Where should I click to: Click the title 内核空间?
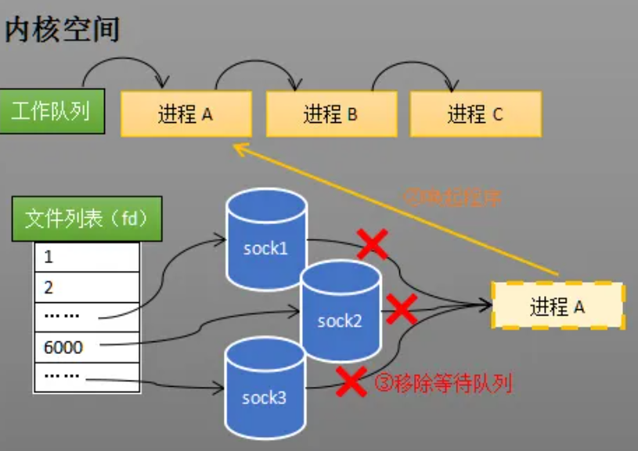tap(63, 29)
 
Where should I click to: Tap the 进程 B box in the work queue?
tap(330, 115)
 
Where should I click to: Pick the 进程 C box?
tap(475, 115)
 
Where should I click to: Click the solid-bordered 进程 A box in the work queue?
tap(186, 115)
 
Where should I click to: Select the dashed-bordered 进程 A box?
tap(557, 306)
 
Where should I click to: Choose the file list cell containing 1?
tap(86, 257)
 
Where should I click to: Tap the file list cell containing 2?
tap(86, 287)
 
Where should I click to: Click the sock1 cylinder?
tap(265, 238)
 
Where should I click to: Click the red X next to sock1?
tap(372, 244)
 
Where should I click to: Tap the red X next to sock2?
tap(402, 309)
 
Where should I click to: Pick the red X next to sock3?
tap(351, 381)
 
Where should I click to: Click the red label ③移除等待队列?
tap(443, 384)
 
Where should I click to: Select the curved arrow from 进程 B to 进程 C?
tap(416, 66)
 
